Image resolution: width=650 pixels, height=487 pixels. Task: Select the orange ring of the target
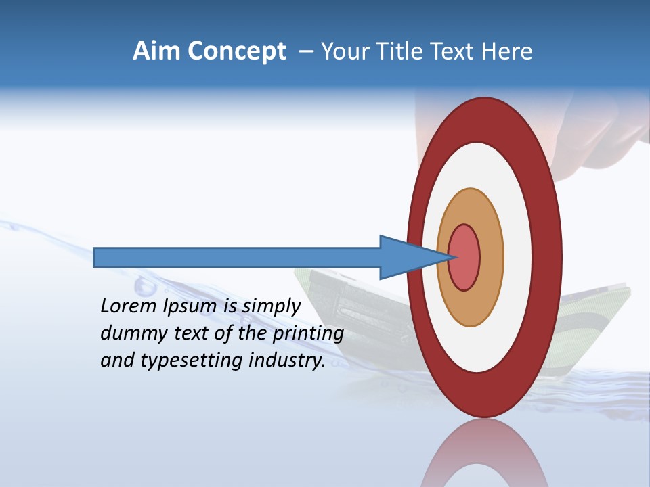coord(491,257)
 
